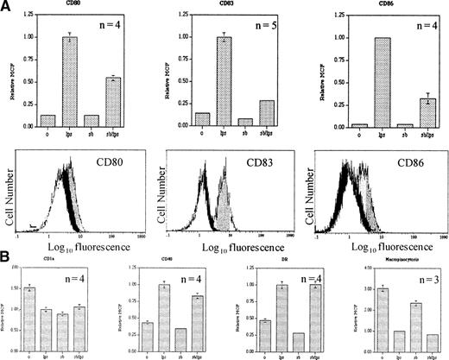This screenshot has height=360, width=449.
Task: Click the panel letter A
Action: point(7,6)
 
